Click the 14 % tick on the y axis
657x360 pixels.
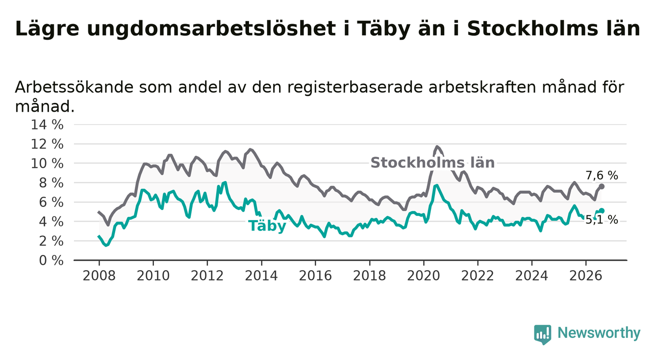47,125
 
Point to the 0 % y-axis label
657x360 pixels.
51,260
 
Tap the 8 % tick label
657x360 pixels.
51,183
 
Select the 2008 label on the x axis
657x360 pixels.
99,276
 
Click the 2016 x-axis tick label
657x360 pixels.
315,276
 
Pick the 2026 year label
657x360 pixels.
586,276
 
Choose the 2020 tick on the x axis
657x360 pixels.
424,276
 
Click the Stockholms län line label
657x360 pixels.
432,162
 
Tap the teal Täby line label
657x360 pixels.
267,226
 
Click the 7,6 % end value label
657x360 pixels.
602,176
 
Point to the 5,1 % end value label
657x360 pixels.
602,219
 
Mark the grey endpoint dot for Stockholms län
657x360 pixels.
602,186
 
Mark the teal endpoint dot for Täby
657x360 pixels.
602,211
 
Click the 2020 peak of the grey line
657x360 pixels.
437,146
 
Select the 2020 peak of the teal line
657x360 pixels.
437,185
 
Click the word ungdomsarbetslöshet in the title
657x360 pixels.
211,29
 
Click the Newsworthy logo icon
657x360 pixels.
543,334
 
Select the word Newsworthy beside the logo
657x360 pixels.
599,333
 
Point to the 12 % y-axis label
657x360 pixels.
47,144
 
